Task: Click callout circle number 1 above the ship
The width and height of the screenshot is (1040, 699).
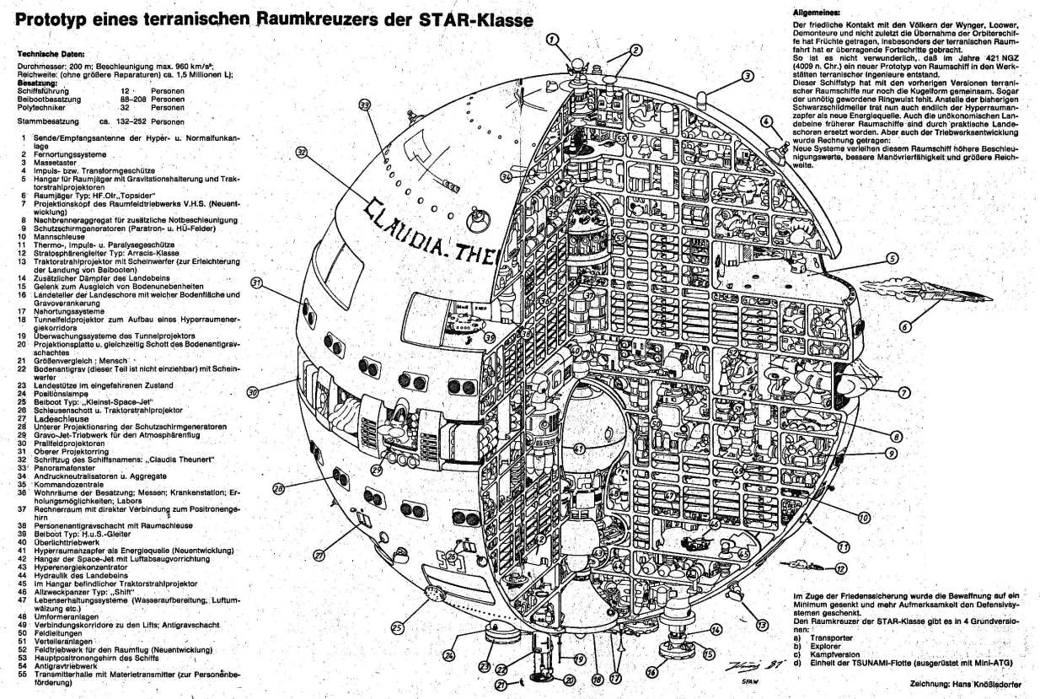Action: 551,39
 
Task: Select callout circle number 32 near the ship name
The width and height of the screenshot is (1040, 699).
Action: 302,153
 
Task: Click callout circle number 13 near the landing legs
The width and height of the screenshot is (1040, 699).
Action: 762,625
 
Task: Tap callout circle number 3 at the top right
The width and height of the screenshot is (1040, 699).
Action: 747,76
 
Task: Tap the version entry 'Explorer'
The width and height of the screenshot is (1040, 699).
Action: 830,646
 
